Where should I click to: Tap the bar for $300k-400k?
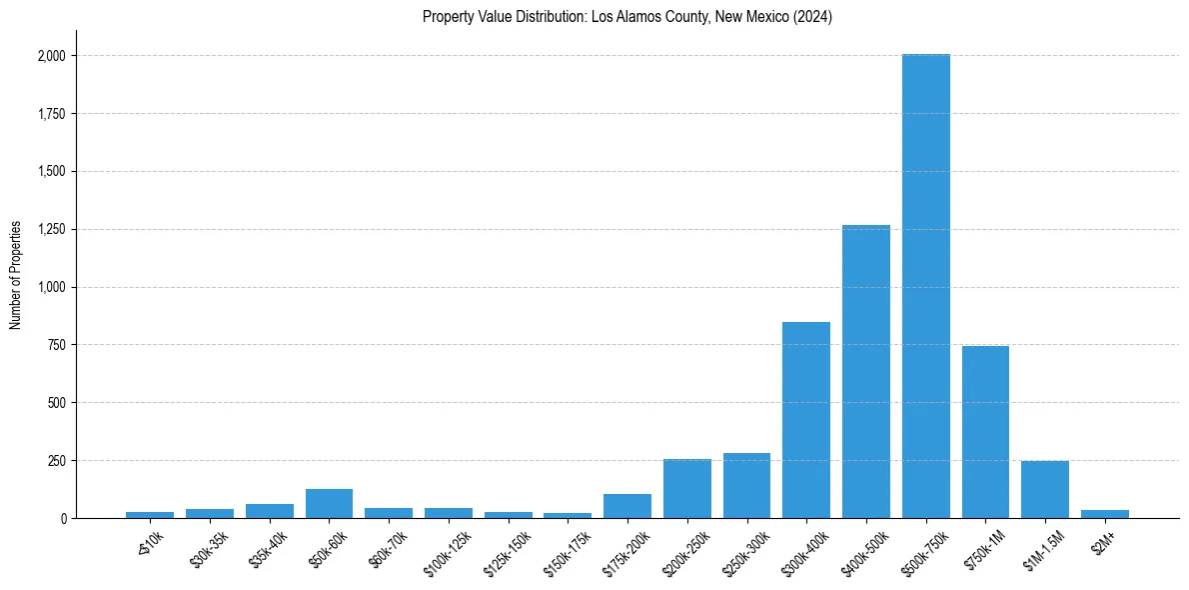(806, 420)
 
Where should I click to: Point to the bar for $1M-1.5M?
(1045, 490)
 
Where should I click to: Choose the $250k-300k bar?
(746, 486)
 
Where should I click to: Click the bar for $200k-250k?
(687, 489)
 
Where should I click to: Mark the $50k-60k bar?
(329, 504)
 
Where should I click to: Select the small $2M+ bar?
(1105, 514)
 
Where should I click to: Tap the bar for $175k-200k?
(627, 506)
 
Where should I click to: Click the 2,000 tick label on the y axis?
(51, 56)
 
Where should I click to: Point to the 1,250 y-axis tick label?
(51, 230)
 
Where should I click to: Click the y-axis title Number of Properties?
(16, 275)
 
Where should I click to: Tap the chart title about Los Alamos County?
(627, 17)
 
